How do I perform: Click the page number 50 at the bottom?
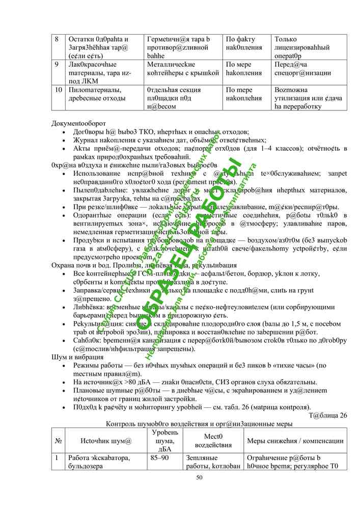[199, 477]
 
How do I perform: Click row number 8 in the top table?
[57, 39]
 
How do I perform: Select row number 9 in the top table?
[57, 65]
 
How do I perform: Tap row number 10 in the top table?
[59, 90]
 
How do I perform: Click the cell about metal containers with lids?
[183, 69]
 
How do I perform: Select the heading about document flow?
[79, 123]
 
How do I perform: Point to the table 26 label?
[328, 415]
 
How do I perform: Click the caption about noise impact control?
[199, 424]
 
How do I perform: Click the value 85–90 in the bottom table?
[159, 458]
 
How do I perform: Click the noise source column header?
[106, 441]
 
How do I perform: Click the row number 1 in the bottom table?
[57, 458]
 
